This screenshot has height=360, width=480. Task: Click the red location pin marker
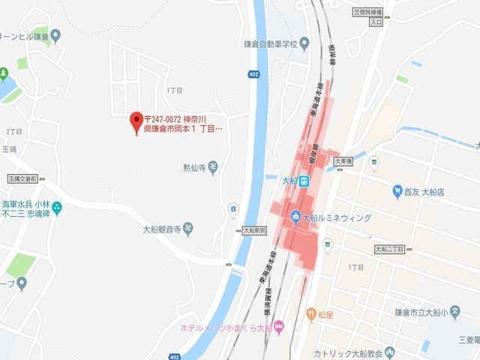tap(136, 120)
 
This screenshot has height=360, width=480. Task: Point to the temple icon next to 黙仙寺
tap(214, 167)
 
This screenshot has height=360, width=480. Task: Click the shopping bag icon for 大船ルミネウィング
tap(295, 217)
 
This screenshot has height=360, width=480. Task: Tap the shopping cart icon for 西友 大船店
tap(397, 192)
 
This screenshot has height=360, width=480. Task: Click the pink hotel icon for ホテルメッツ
tap(278, 327)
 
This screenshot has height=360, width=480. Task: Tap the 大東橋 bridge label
tap(343, 160)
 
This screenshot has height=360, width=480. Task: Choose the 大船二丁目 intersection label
tap(389, 248)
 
